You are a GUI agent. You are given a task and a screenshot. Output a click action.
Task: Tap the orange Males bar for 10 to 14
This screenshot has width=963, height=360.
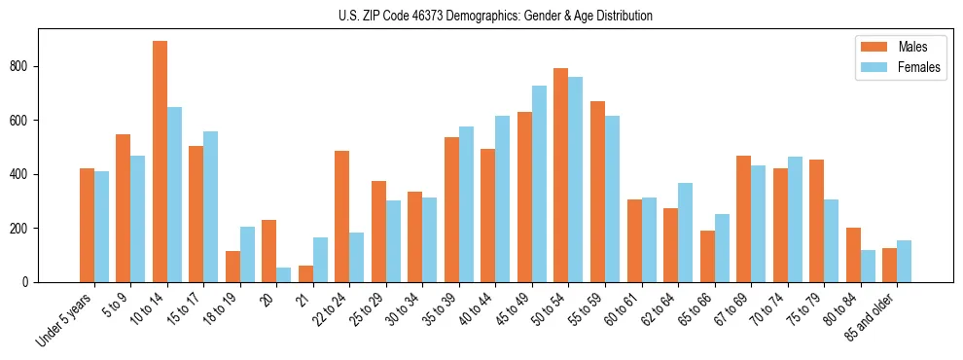160,162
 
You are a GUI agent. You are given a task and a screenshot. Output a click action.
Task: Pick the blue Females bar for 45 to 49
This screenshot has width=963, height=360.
540,184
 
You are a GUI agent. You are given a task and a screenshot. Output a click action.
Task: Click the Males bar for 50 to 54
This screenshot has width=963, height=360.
561,175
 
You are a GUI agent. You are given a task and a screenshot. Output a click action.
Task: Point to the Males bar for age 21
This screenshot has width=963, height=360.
305,273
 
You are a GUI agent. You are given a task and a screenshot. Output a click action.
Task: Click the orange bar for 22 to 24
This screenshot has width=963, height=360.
342,216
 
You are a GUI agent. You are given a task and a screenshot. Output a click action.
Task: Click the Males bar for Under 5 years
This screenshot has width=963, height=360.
87,225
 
